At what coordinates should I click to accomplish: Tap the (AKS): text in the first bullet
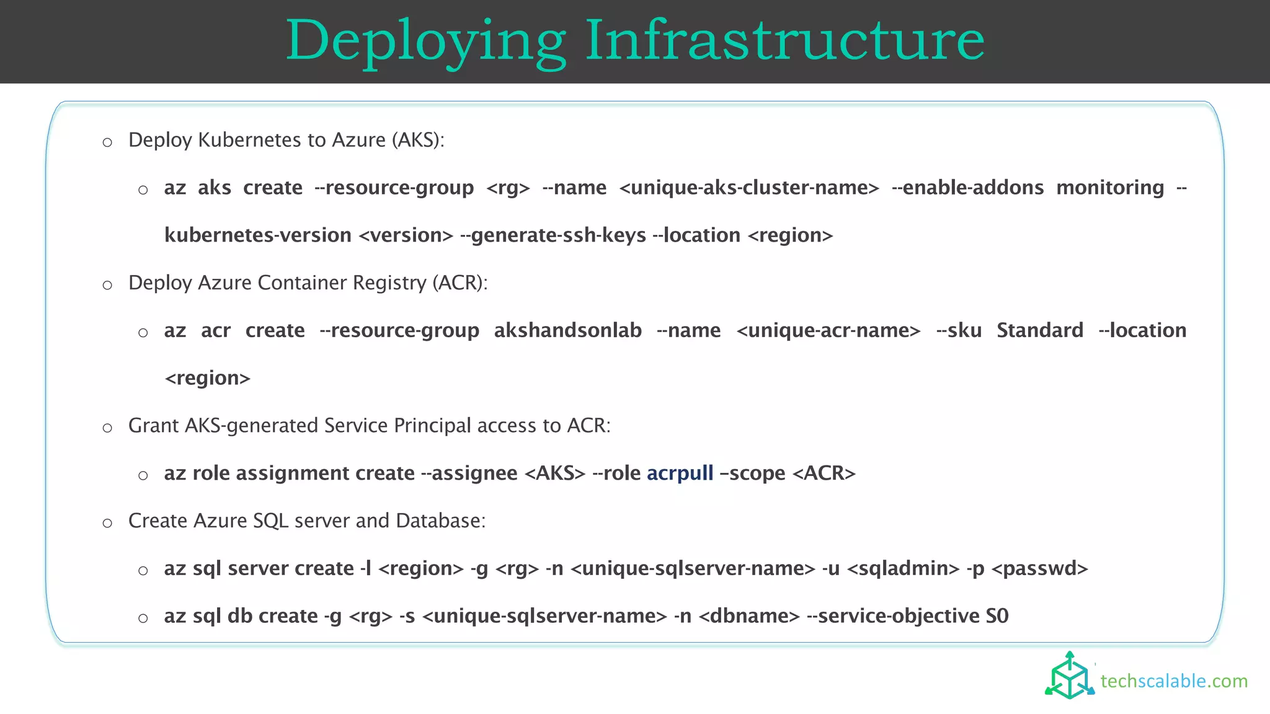(418, 140)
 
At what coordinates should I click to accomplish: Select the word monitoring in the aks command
(1110, 187)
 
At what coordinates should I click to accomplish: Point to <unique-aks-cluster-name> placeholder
(749, 187)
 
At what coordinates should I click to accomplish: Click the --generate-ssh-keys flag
(553, 236)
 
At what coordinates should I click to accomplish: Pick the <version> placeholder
(406, 236)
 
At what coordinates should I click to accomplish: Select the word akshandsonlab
(567, 330)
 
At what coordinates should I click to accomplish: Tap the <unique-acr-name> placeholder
(828, 330)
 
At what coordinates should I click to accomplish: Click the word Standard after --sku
(1040, 330)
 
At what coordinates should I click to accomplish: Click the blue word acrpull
(680, 474)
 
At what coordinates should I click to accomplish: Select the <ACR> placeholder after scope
(824, 474)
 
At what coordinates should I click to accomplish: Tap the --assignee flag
(469, 474)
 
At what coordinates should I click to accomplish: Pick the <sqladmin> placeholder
(903, 568)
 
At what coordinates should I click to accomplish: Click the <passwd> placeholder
(1040, 568)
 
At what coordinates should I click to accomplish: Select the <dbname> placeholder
(749, 616)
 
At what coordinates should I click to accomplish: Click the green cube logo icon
(1070, 676)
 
